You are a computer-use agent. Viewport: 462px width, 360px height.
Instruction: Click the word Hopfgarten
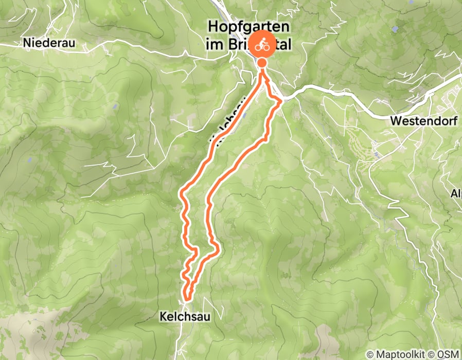(x=247, y=27)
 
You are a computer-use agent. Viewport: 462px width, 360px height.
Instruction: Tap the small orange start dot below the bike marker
(x=262, y=63)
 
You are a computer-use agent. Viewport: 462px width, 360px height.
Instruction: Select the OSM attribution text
(x=449, y=354)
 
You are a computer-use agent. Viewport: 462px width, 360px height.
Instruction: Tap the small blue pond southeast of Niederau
(x=115, y=107)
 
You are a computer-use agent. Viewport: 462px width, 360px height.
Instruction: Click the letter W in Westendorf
(x=396, y=121)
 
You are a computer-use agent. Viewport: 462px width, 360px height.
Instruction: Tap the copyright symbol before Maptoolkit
(x=370, y=354)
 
